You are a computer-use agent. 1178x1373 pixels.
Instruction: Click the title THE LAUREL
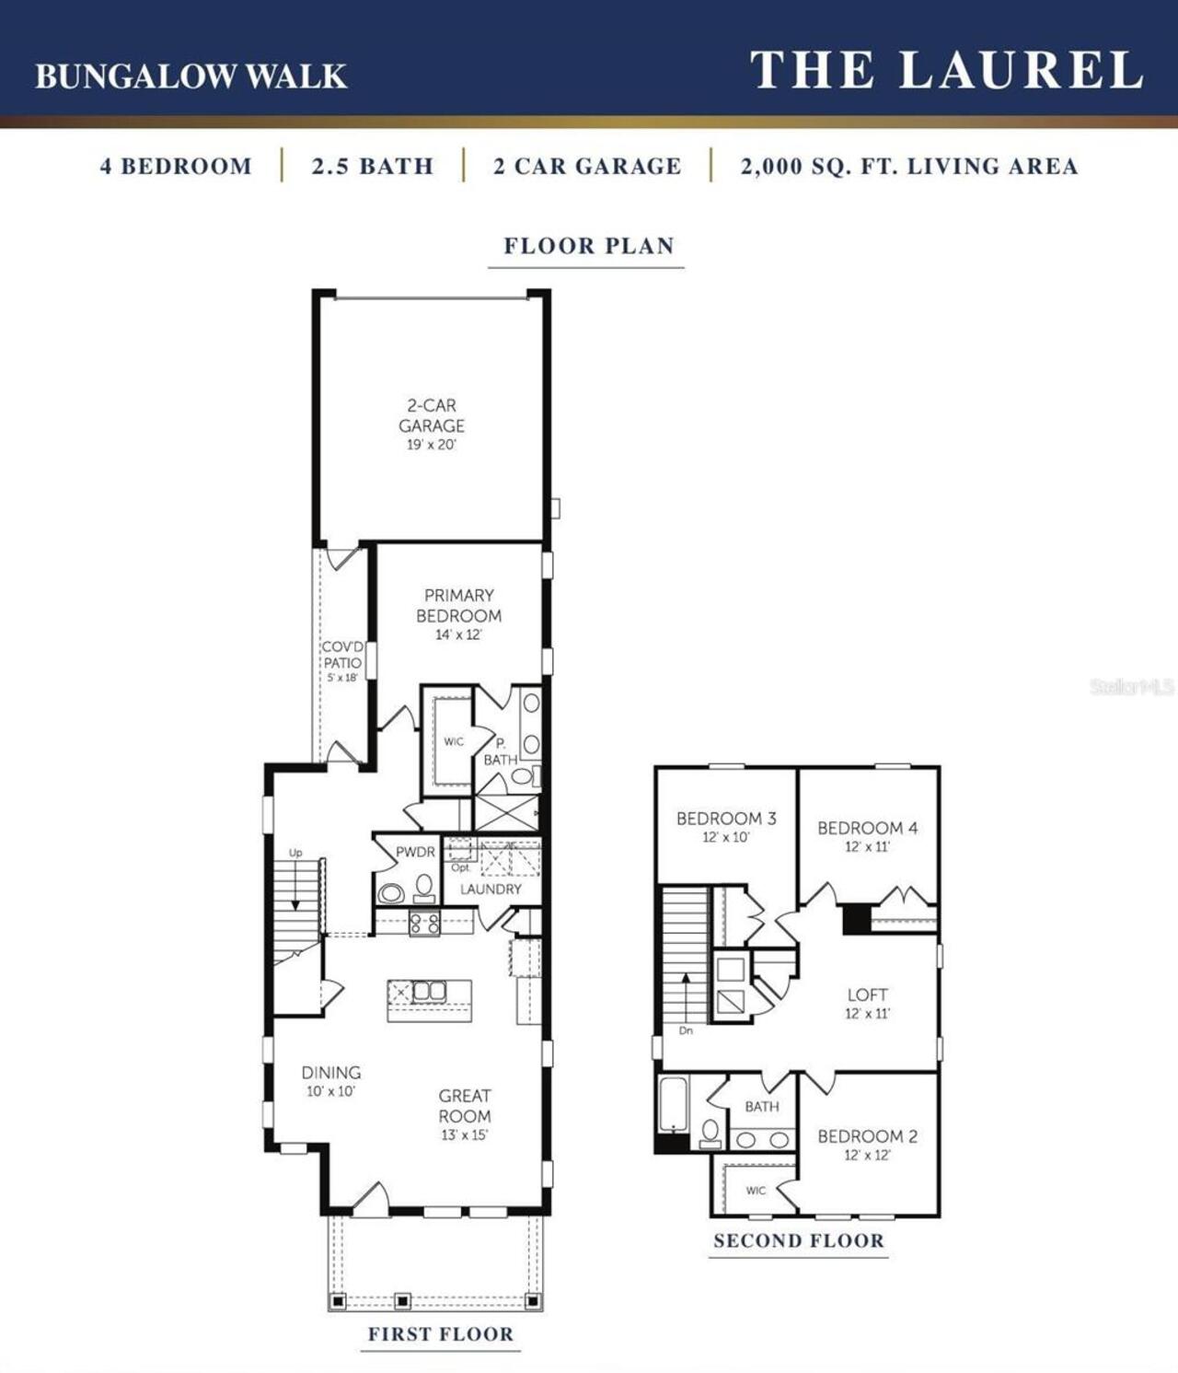pyautogui.click(x=946, y=71)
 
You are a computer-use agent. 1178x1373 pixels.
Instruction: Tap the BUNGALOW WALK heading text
pyautogui.click(x=191, y=76)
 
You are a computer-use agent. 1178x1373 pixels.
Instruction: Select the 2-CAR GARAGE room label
pyautogui.click(x=431, y=416)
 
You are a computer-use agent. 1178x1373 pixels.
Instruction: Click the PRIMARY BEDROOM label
pyautogui.click(x=458, y=606)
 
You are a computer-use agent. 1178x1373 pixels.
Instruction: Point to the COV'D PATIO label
pyautogui.click(x=341, y=655)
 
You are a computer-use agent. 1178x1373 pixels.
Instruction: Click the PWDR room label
pyautogui.click(x=415, y=852)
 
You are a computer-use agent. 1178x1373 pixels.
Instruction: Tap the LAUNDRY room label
pyautogui.click(x=491, y=889)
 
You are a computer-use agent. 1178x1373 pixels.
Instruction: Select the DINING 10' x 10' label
pyautogui.click(x=330, y=1080)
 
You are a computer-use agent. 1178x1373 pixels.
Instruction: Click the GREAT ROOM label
pyautogui.click(x=464, y=1106)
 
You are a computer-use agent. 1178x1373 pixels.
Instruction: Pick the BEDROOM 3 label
pyautogui.click(x=725, y=819)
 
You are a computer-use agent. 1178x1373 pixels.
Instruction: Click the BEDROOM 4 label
pyautogui.click(x=867, y=828)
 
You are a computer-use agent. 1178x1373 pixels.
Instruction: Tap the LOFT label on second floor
pyautogui.click(x=867, y=995)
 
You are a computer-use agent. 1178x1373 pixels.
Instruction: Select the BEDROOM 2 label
pyautogui.click(x=867, y=1136)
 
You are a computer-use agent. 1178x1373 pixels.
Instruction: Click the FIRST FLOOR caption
pyautogui.click(x=440, y=1333)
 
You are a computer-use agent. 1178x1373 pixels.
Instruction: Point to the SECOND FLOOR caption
pyautogui.click(x=798, y=1240)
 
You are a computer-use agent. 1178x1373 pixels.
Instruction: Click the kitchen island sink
pyautogui.click(x=428, y=992)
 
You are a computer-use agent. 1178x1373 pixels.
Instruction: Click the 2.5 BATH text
pyautogui.click(x=372, y=167)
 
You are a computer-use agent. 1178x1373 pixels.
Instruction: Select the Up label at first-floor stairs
pyautogui.click(x=295, y=853)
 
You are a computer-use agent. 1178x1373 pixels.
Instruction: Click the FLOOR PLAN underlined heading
pyautogui.click(x=588, y=246)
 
